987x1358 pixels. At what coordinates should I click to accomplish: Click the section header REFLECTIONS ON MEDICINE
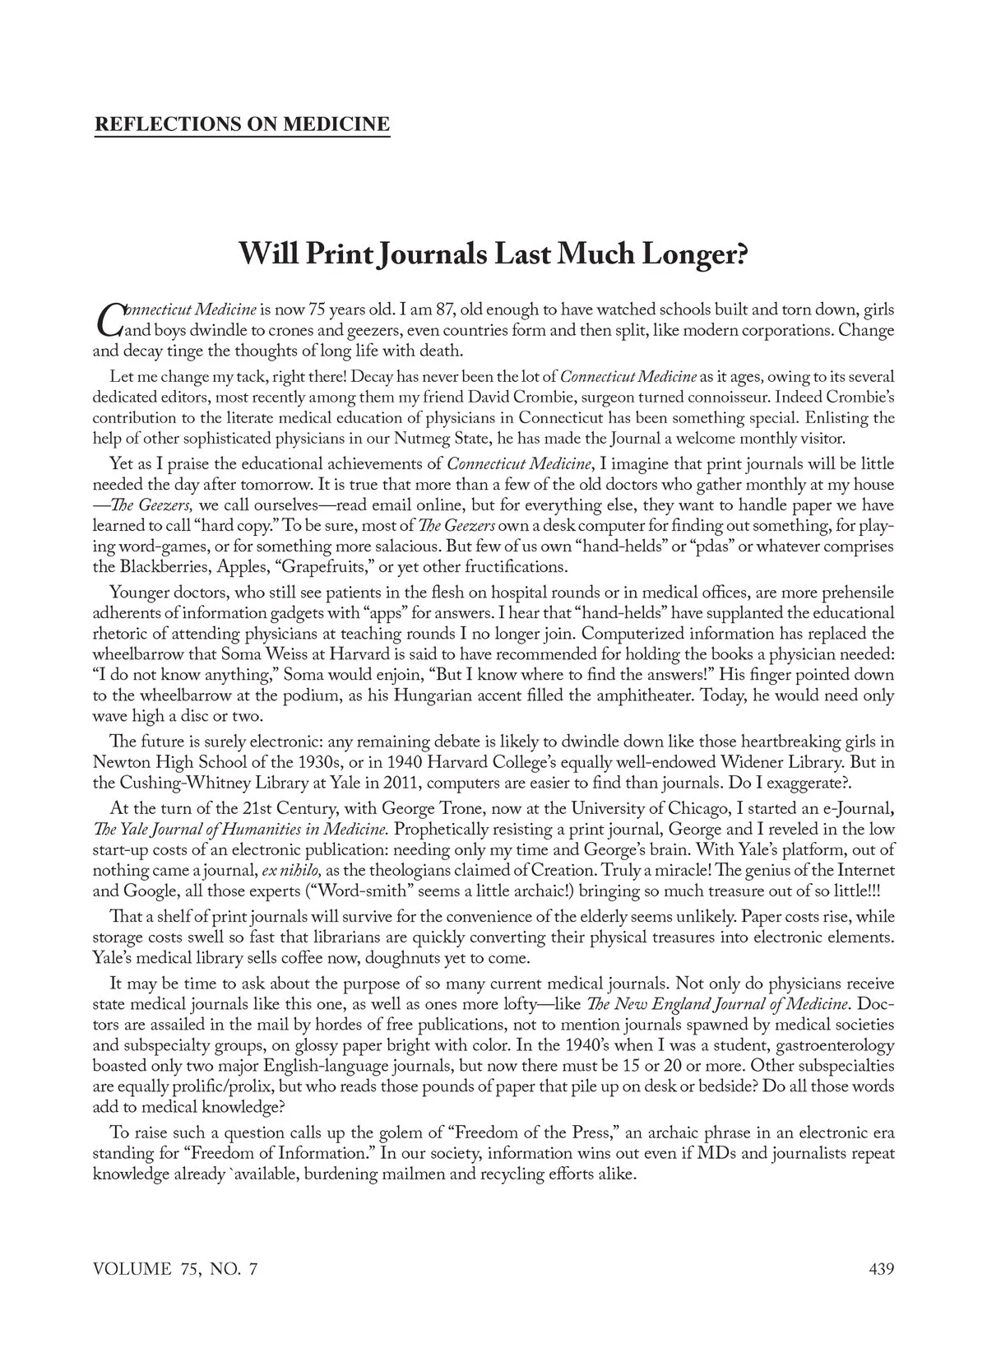(x=242, y=124)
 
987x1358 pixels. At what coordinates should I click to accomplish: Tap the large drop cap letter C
(x=108, y=320)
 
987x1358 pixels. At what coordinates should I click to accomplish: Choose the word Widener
(x=721, y=761)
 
